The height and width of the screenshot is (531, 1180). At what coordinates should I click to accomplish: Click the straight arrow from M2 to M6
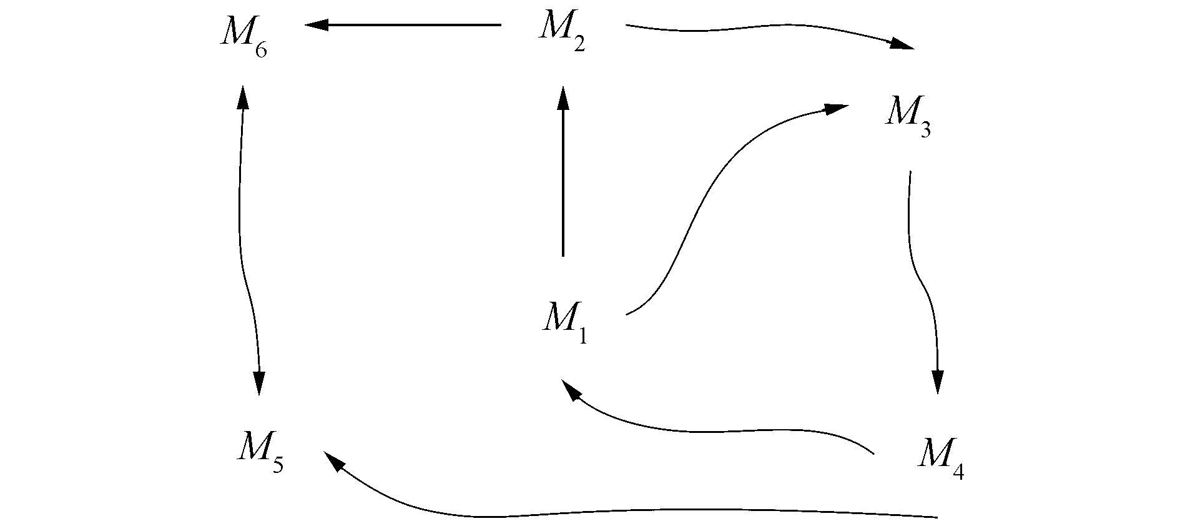(x=406, y=25)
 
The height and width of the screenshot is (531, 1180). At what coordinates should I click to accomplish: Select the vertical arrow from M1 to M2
(x=563, y=181)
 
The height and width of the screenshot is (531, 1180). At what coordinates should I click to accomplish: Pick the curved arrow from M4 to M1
(x=718, y=430)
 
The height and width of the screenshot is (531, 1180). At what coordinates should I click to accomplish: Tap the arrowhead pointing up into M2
(x=563, y=99)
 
